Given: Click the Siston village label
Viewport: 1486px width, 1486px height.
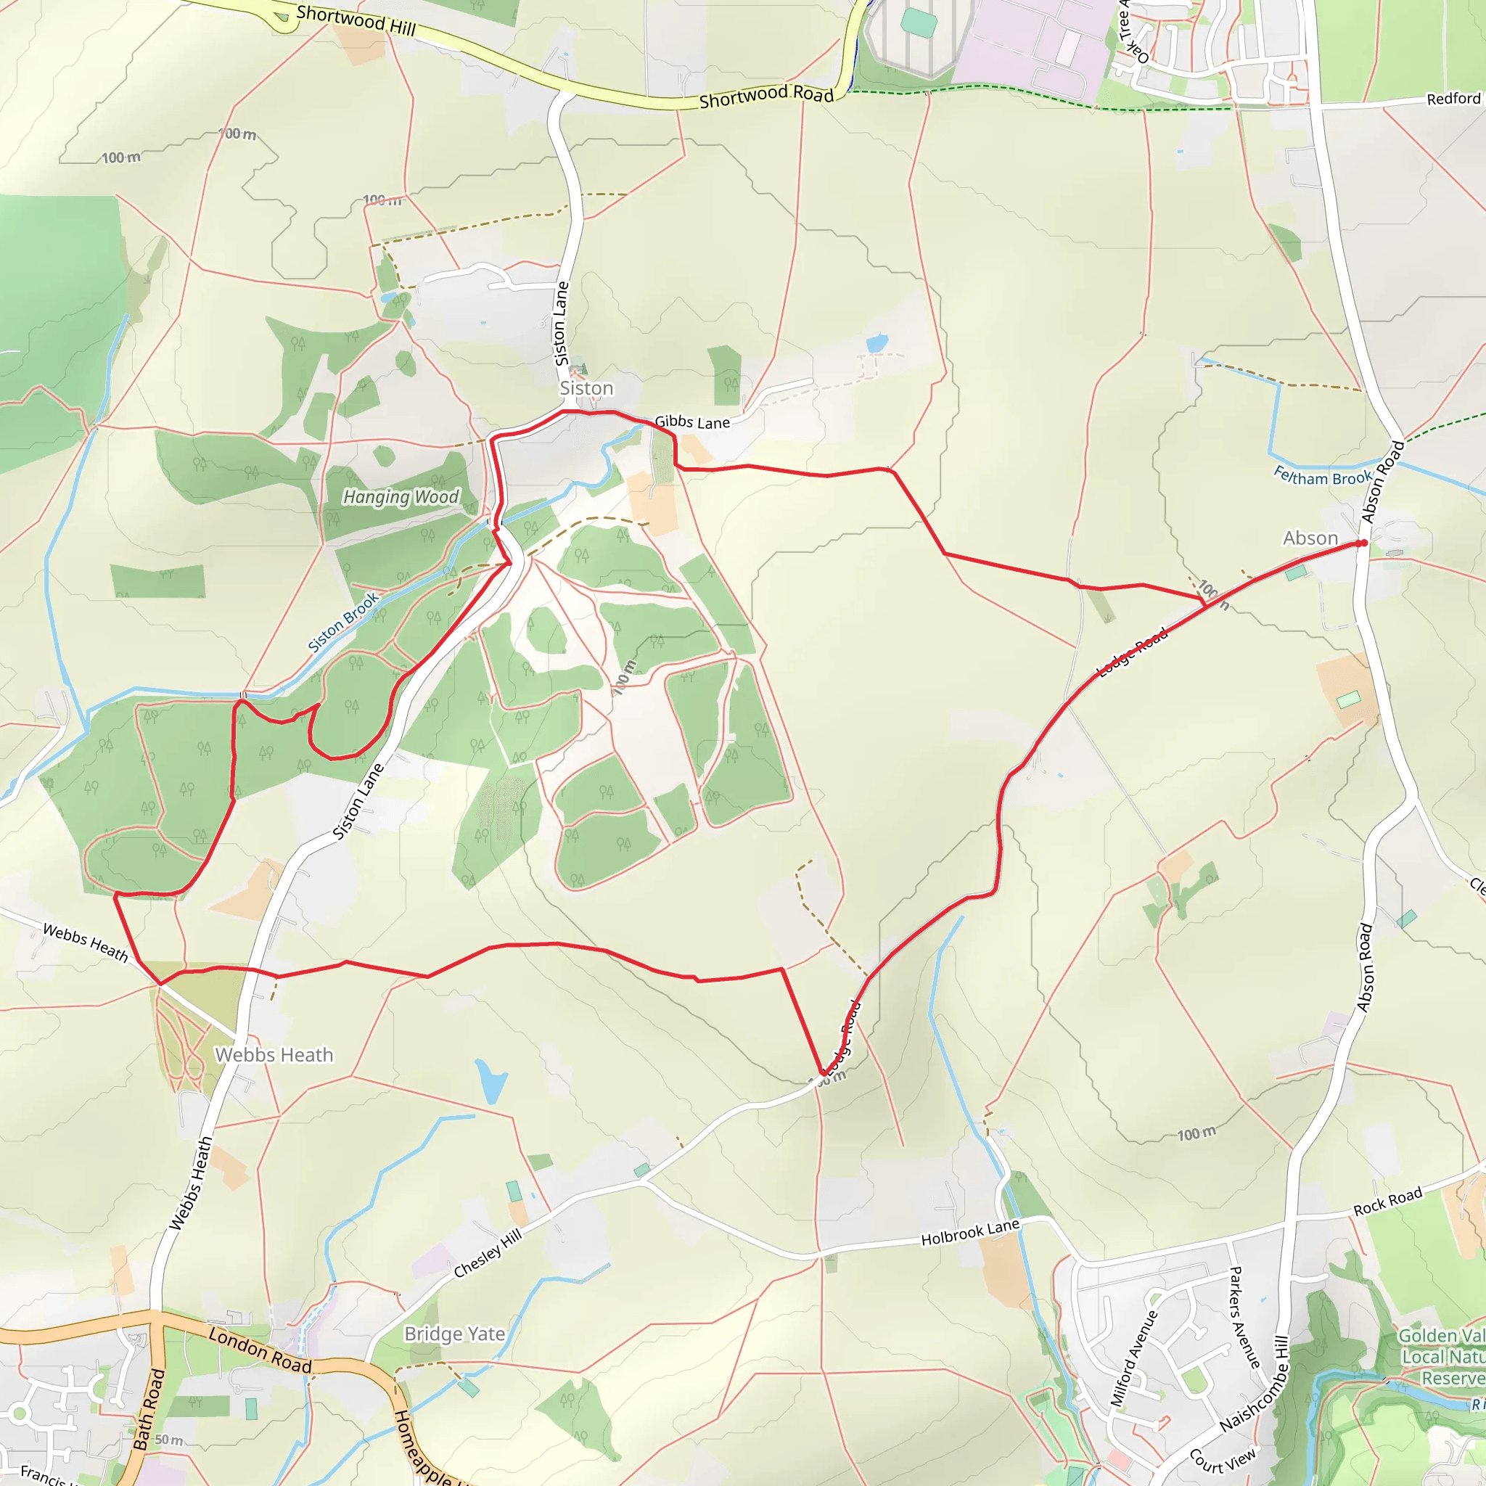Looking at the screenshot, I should coord(586,388).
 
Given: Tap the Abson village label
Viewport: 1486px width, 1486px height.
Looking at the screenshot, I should coord(1310,538).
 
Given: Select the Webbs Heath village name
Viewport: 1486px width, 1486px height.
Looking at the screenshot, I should coord(274,1054).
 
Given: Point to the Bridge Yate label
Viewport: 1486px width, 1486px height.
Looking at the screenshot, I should coord(454,1334).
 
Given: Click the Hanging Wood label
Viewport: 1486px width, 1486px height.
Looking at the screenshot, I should coord(401,497).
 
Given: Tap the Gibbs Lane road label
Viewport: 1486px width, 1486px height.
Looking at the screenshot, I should coord(692,422).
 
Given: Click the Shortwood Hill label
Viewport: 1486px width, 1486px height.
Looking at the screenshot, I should coord(356,20).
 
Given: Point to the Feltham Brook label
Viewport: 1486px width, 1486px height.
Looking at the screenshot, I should coord(1323,476).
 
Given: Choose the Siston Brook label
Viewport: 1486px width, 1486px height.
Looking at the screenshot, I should coord(343,623).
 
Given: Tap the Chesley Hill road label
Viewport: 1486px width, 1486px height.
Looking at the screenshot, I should coord(488,1253).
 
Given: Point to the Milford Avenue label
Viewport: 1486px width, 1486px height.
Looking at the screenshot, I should coord(1134,1359).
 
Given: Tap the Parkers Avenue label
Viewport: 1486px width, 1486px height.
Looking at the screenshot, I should coord(1244,1317).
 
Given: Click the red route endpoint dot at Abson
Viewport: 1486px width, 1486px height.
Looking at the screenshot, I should coord(1362,543).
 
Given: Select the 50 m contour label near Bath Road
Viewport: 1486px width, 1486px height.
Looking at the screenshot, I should coord(168,1440).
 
